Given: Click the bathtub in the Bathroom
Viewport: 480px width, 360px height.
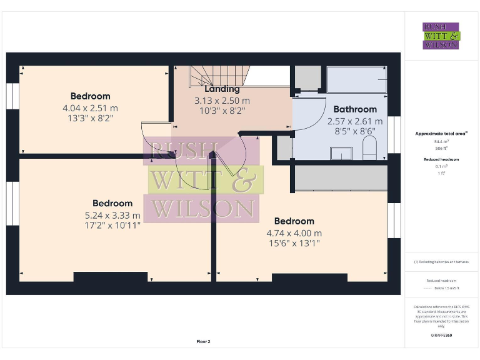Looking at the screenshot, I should click(x=356, y=79).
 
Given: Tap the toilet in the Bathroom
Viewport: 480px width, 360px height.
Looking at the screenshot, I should click(x=369, y=149).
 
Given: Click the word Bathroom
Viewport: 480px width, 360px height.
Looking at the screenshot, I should click(x=355, y=109).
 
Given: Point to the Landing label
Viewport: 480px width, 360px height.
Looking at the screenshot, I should click(x=222, y=89).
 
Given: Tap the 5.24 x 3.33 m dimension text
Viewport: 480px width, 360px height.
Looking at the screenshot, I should click(x=112, y=215).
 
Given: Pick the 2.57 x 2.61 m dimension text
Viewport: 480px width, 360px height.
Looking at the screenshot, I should click(x=355, y=121).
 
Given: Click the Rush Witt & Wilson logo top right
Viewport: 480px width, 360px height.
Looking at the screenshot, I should click(x=441, y=36).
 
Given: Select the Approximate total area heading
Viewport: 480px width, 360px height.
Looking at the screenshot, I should click(x=441, y=134).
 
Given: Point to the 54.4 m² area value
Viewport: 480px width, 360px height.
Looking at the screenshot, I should click(x=441, y=142).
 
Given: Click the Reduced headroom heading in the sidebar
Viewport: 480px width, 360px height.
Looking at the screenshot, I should click(x=441, y=159).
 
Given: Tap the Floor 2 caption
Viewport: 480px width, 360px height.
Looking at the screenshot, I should click(x=203, y=341).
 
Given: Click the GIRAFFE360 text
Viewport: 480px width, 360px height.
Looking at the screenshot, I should click(x=441, y=336).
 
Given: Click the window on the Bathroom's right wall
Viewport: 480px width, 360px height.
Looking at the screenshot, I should click(x=394, y=134).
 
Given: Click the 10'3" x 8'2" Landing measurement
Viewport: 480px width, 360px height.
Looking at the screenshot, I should click(x=222, y=110).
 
